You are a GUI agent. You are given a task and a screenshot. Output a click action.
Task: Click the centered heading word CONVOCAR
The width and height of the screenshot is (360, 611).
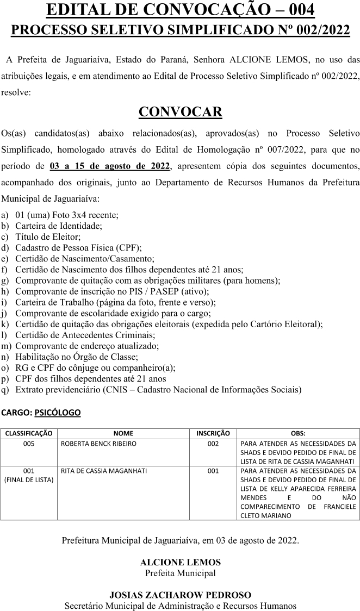pos(180,111)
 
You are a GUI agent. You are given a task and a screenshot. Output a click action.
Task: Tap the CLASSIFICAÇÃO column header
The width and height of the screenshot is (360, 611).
pos(29,433)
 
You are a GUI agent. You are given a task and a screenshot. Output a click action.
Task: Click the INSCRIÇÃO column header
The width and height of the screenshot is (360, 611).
pos(213,433)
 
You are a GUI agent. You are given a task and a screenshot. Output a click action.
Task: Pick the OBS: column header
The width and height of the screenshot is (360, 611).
pos(298,433)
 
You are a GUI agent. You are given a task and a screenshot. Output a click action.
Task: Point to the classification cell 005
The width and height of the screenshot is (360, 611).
pos(29,444)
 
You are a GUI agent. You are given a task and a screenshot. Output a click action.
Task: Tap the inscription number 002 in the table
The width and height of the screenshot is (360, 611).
pos(213,444)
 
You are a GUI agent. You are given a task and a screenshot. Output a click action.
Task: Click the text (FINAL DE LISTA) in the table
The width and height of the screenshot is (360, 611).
pos(29,479)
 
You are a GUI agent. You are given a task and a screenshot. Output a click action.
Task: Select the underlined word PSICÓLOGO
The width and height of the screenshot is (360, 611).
pos(57,413)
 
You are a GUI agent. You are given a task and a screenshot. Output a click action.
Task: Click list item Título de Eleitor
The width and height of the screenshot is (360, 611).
pos(48,236)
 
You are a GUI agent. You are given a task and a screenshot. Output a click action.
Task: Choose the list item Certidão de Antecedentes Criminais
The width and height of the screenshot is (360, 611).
pos(85,335)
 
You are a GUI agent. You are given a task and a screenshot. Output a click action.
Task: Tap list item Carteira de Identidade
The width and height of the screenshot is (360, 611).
pos(59,226)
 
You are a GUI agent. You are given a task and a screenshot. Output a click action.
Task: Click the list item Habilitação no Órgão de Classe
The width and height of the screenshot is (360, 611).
pos(77,357)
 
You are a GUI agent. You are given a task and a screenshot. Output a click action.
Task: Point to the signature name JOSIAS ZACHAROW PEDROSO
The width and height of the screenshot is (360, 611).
pos(180,595)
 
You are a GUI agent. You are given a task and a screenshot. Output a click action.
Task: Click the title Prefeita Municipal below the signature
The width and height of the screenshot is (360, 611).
pos(180,573)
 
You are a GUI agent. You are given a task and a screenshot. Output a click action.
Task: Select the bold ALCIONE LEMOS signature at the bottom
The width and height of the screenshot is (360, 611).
pos(180,563)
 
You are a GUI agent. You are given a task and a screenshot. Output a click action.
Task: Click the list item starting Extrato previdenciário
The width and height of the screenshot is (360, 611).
pos(158,389)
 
